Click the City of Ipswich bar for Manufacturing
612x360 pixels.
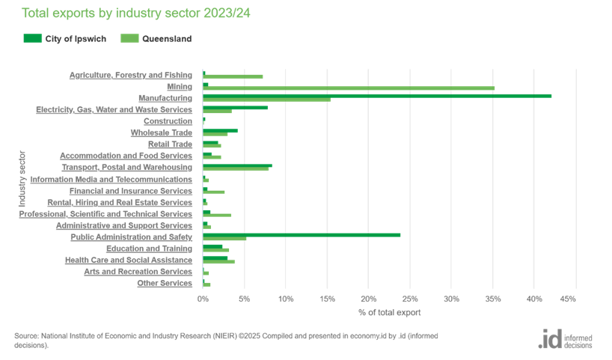coord(377,96)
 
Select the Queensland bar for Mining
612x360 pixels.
coord(349,88)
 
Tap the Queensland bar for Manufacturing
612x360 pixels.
coord(266,100)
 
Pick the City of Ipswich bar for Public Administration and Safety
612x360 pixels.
coord(302,235)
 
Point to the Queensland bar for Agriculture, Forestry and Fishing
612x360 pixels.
coord(233,76)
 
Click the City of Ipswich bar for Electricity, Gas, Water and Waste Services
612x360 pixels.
coord(235,108)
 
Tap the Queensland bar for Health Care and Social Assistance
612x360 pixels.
coord(219,262)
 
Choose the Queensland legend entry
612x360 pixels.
coord(155,37)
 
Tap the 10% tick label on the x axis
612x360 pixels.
coord(285,299)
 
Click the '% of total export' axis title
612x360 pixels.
coord(389,312)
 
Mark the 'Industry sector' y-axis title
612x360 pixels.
coord(22,179)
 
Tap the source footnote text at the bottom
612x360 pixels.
coord(224,339)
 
